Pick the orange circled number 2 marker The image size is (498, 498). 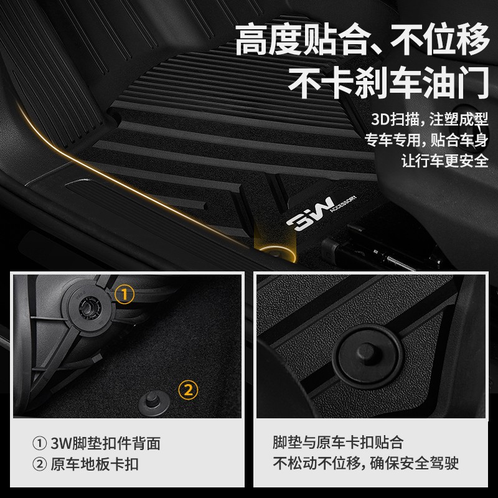coord(189,390)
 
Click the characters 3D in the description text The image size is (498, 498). coord(378,119)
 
